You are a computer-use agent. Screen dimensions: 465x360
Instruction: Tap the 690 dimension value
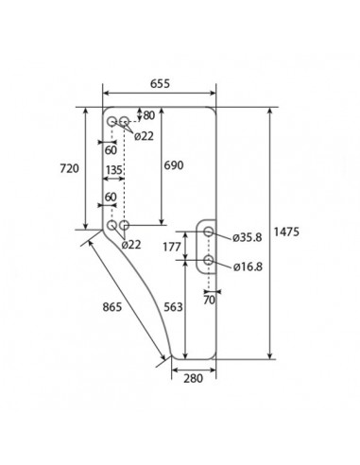point(174,165)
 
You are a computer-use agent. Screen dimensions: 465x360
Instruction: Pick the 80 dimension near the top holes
point(148,115)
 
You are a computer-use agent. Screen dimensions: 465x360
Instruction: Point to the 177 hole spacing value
point(171,248)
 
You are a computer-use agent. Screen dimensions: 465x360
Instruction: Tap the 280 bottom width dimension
point(194,380)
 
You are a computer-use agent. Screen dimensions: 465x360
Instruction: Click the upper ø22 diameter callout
point(145,136)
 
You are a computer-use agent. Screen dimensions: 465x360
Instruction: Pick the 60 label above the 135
point(111,149)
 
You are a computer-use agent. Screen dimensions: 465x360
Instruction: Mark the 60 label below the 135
point(111,197)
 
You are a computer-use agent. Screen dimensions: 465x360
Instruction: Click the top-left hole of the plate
point(111,122)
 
